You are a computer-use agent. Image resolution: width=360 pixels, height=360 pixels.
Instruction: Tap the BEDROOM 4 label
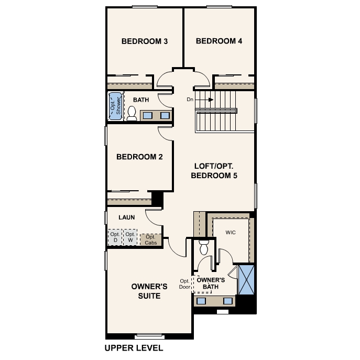click(219, 41)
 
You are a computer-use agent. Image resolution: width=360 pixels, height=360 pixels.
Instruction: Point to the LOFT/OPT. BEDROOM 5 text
click(214, 171)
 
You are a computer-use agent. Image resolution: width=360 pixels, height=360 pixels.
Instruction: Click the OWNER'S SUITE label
click(149, 291)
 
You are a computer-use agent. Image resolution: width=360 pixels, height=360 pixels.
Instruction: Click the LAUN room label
click(127, 217)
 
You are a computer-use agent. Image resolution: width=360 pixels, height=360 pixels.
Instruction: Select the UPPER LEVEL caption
click(134, 347)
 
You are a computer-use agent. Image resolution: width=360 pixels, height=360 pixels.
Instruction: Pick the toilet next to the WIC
click(204, 247)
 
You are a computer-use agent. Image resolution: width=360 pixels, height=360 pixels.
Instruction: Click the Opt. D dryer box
click(115, 237)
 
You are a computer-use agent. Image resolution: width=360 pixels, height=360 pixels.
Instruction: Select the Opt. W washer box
click(129, 237)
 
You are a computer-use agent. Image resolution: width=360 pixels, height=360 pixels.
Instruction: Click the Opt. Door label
click(184, 283)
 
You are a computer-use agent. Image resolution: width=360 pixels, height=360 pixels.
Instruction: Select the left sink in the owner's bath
click(202, 301)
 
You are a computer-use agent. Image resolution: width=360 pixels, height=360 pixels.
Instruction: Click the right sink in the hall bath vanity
click(165, 115)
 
